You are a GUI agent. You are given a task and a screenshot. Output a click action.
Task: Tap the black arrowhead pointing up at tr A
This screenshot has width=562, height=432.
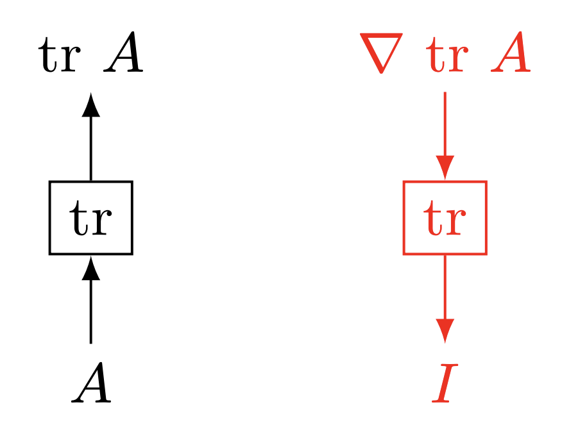(91, 105)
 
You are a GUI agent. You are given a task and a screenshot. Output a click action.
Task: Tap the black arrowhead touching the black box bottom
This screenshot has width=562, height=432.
(91, 268)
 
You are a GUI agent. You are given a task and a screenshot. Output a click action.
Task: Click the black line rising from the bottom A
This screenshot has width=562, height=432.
(91, 314)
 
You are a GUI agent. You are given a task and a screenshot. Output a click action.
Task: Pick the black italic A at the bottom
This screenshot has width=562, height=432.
(92, 384)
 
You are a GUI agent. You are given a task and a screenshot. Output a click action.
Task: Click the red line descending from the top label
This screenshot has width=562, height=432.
(445, 125)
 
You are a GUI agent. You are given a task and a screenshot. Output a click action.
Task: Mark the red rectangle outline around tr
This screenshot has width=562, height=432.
(404, 218)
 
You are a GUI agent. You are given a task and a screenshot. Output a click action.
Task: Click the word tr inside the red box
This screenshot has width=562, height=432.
(445, 219)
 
